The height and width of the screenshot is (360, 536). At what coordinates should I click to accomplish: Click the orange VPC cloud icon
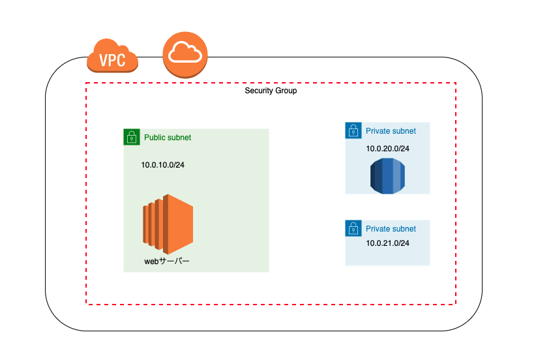[112, 55]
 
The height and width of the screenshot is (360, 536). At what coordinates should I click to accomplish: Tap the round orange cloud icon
[185, 55]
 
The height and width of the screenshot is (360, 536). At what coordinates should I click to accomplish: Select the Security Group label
[271, 91]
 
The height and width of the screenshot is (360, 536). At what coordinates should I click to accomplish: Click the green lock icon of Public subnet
[132, 137]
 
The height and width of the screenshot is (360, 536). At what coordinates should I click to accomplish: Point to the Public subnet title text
[168, 138]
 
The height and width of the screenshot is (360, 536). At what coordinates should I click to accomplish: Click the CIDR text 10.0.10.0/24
[163, 165]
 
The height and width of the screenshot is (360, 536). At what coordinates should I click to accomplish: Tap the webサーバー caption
[167, 262]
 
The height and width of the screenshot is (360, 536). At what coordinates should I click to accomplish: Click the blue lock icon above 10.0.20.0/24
[353, 130]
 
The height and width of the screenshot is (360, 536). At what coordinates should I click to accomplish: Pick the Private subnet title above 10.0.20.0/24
[391, 131]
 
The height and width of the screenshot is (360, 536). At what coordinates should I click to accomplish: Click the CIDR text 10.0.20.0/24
[387, 149]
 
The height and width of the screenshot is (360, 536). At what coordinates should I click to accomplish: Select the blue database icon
[387, 175]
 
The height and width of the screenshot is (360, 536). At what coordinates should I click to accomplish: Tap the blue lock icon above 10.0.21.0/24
[353, 228]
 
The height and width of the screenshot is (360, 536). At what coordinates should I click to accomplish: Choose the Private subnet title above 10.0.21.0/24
[391, 229]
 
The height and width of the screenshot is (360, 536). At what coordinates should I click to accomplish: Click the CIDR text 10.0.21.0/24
[387, 243]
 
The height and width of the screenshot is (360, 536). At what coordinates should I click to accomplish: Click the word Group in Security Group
[286, 91]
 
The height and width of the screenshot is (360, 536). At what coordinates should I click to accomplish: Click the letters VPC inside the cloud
[112, 60]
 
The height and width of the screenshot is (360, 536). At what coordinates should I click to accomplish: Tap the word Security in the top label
[259, 91]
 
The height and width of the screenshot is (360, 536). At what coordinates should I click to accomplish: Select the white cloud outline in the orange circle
[185, 52]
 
